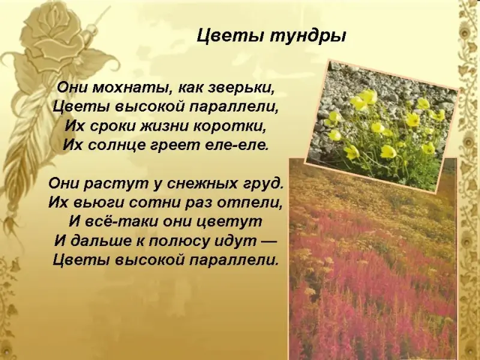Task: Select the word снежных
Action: (203, 183)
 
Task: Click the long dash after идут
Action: (268, 241)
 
